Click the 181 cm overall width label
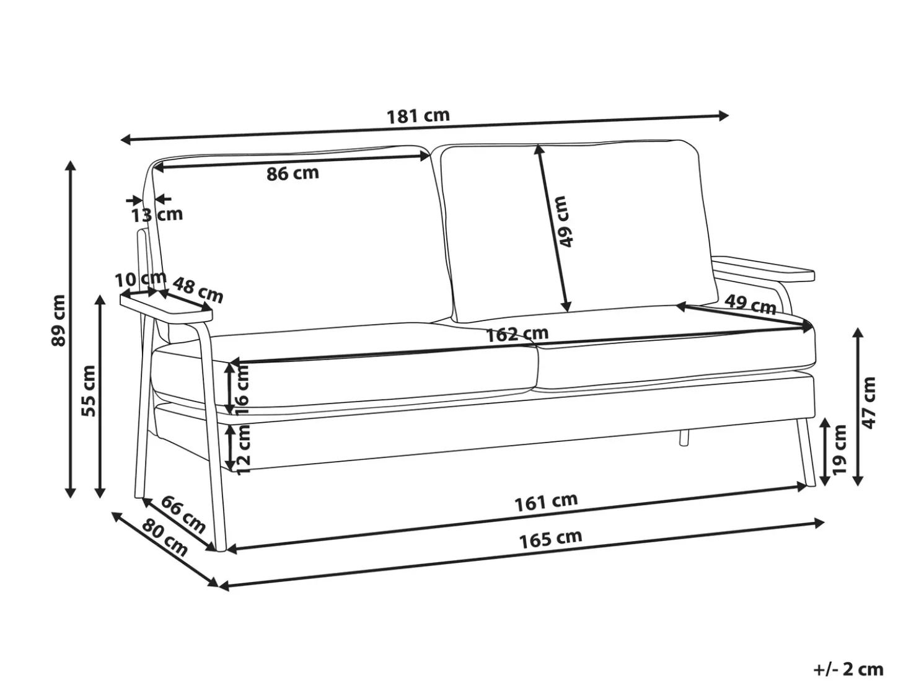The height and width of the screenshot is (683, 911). point(418,116)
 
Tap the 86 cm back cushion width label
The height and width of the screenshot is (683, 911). point(293,173)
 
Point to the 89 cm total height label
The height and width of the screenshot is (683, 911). point(58,320)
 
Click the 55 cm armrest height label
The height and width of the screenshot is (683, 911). point(89,391)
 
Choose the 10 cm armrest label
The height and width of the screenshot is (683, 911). point(141,279)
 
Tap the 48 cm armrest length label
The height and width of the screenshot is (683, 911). point(198,290)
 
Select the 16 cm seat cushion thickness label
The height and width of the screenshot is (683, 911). point(243,390)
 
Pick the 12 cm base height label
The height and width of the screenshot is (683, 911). point(244,450)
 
